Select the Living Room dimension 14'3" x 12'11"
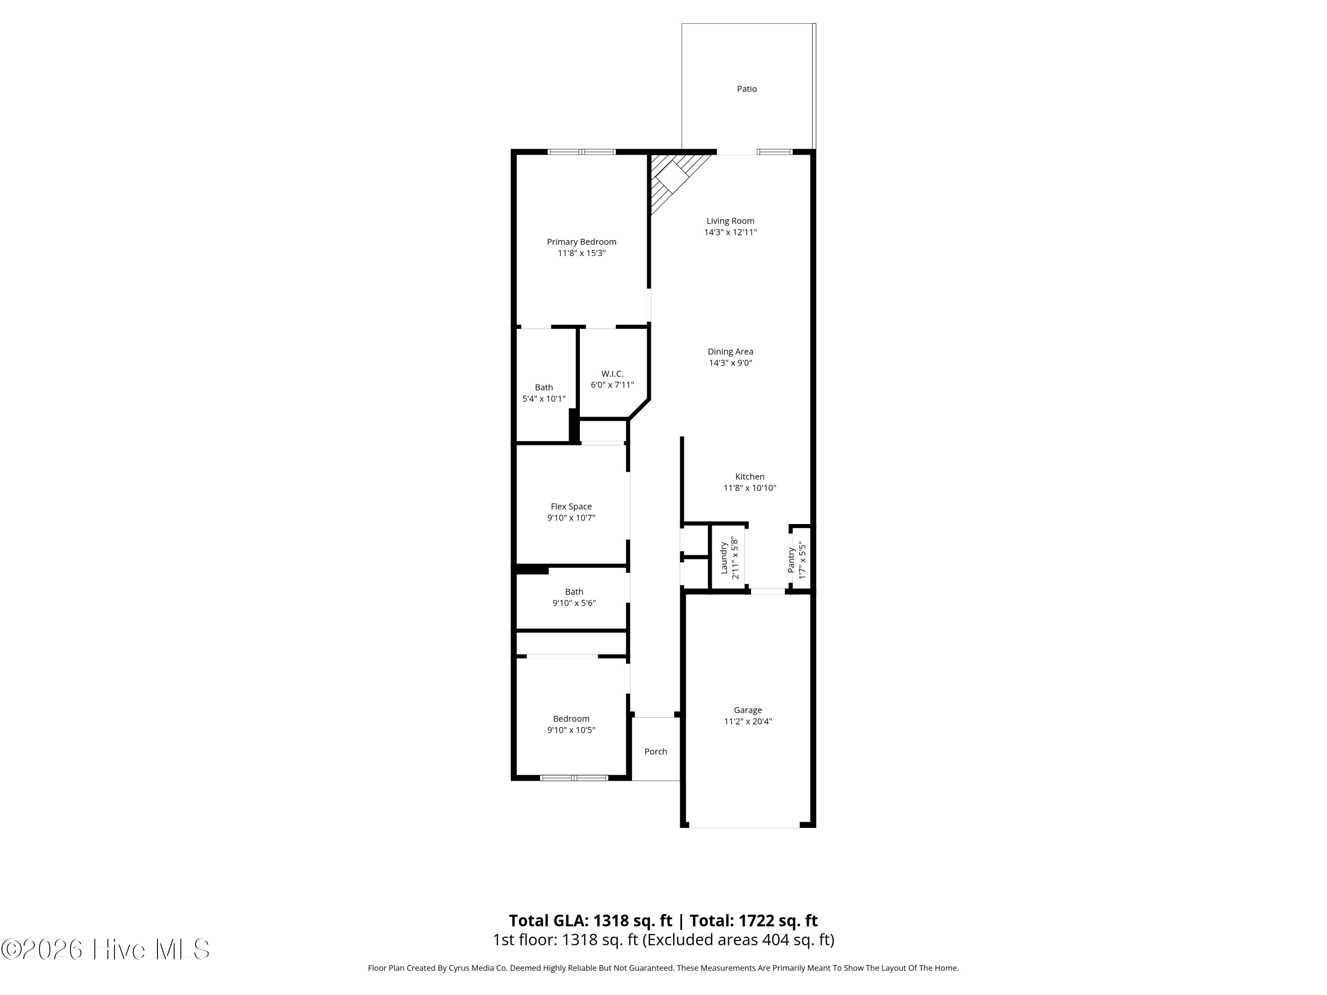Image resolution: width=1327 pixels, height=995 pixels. coord(730,233)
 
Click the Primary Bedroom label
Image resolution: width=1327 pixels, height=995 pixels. coord(581,242)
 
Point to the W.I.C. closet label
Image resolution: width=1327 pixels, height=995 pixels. coord(612,374)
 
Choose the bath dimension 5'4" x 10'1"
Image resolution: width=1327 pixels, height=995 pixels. coord(544,399)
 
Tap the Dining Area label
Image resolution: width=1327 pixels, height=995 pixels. coord(730,352)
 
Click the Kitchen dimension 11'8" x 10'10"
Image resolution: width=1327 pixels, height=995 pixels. coord(749,488)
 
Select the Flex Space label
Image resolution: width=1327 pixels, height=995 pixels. coord(571,506)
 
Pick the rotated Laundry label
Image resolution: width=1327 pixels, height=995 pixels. coord(724,558)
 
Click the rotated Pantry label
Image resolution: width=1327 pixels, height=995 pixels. coord(791,559)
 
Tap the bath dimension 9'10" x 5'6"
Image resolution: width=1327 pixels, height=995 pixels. coord(574,603)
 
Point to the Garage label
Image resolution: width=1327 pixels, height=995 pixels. coord(748,710)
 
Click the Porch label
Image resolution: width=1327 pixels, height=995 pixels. coord(656,751)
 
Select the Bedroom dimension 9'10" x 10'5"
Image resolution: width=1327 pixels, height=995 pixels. coord(571,731)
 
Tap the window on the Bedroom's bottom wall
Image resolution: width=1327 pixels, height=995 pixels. coord(574,778)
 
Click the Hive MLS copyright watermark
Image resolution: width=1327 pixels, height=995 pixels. coord(106,949)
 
